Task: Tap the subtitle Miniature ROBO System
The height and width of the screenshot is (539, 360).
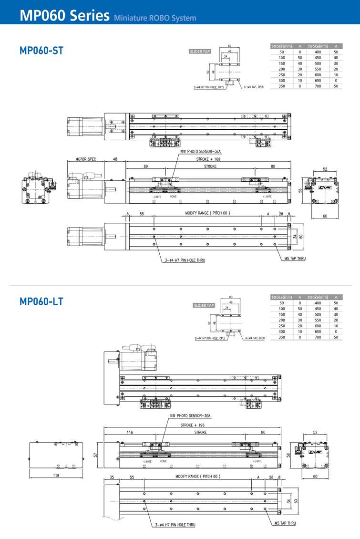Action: tap(155, 19)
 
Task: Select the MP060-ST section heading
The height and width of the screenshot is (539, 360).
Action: tap(41, 51)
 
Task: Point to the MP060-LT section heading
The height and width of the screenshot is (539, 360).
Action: tap(41, 301)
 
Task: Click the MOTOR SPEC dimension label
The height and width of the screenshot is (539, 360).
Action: tap(86, 159)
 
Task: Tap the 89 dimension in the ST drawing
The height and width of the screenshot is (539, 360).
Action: tap(145, 166)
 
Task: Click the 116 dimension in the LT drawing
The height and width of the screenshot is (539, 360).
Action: tap(129, 432)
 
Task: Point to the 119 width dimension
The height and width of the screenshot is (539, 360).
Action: tap(56, 475)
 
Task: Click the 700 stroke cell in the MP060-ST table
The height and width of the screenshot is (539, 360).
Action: tap(318, 86)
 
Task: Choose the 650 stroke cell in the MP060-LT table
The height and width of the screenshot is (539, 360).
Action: tap(318, 332)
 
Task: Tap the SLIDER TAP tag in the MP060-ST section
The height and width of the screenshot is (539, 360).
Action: tap(200, 51)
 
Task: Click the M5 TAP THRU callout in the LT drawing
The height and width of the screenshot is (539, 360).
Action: tap(285, 523)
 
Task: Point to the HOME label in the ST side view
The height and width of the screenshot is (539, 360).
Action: tap(173, 197)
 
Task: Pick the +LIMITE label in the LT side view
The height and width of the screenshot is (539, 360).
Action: tap(257, 461)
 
